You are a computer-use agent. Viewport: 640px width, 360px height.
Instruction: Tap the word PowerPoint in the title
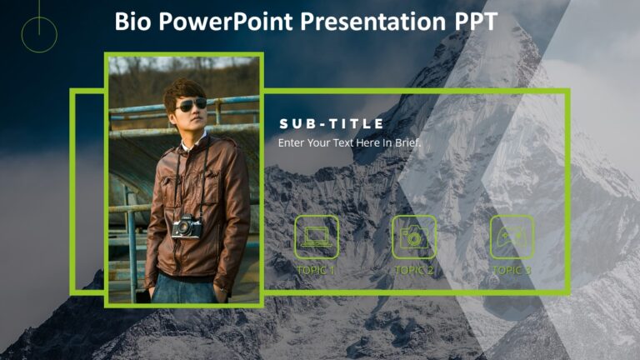[x=221, y=21]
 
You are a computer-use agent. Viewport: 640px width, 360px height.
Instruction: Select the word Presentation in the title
[x=372, y=21]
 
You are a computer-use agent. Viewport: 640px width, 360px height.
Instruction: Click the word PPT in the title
[x=475, y=21]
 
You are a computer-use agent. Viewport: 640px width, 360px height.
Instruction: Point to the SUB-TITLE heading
[x=332, y=124]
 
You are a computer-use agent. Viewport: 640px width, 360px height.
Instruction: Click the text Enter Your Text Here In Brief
[x=349, y=142]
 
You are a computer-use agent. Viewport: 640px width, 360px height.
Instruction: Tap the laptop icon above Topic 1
[x=316, y=237]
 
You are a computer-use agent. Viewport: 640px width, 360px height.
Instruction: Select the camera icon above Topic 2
[x=413, y=237]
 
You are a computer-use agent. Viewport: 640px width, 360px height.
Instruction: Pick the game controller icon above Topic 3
[x=511, y=237]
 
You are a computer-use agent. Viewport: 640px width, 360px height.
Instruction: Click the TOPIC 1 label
[x=316, y=270]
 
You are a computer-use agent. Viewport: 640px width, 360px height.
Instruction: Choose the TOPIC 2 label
[x=413, y=270]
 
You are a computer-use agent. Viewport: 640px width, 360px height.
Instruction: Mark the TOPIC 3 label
[x=511, y=270]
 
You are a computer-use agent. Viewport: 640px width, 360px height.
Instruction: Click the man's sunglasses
[x=191, y=104]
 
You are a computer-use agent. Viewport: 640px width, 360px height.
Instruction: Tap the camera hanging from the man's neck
[x=187, y=225]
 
